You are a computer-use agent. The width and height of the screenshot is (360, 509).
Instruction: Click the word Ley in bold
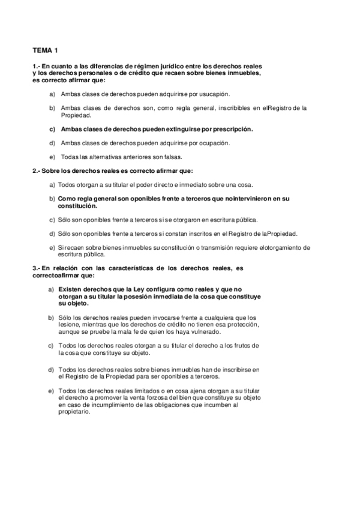(150, 289)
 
